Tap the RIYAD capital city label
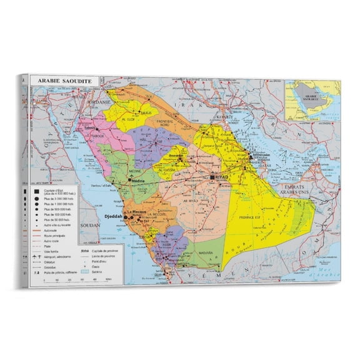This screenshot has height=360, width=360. coord(223,178)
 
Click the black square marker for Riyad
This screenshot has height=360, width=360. coord(212,177)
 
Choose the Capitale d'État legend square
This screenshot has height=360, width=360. coord(38,191)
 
